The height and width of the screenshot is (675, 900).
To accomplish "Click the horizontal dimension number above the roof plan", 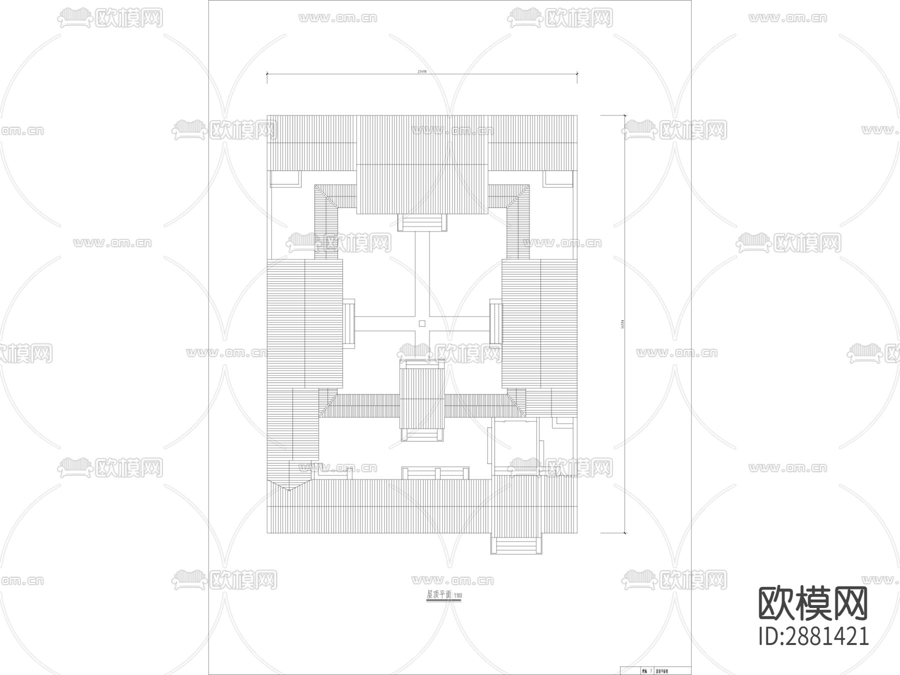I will [x=422, y=72].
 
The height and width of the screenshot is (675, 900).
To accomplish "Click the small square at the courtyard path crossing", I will [x=422, y=324].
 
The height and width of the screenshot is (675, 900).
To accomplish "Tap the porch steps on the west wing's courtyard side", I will [x=348, y=322].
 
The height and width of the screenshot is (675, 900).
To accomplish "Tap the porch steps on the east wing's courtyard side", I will [x=495, y=322].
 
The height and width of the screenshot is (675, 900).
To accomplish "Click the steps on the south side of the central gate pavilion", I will [x=422, y=434].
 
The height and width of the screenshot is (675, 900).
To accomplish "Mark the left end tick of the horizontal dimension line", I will [x=267, y=74].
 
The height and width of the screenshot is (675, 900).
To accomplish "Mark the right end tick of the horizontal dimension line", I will [x=577, y=74].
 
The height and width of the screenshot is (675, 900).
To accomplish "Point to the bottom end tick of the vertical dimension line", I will [x=624, y=533].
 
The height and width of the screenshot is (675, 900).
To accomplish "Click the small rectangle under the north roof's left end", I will [x=285, y=178].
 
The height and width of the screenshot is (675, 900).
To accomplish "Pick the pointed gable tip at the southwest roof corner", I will [x=288, y=489].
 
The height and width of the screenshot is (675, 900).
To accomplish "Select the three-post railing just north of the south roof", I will [x=436, y=473].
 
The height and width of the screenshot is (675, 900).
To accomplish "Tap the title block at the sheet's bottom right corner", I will [x=655, y=670].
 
